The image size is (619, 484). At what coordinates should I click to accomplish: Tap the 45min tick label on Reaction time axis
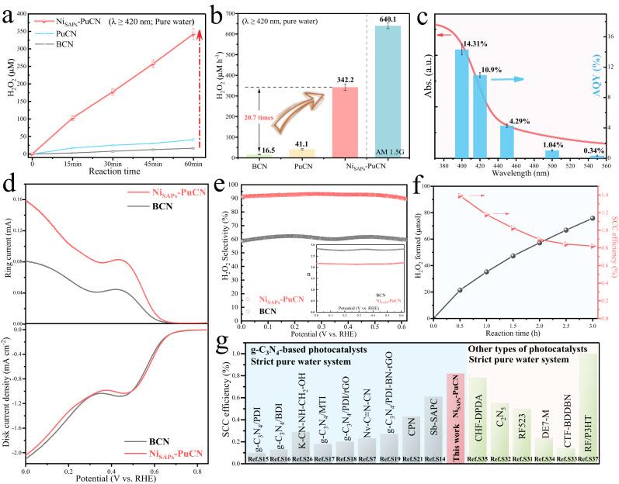click(158, 164)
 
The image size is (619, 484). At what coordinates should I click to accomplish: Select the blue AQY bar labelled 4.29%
click(507, 140)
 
